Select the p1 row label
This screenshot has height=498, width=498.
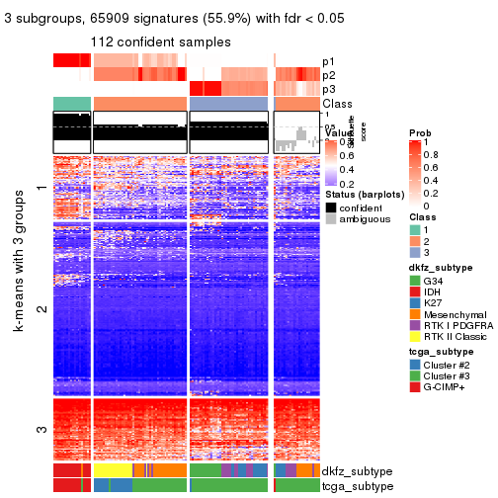(x=328, y=61)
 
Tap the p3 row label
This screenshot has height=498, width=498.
(x=328, y=89)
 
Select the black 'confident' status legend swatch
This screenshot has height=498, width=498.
(x=331, y=207)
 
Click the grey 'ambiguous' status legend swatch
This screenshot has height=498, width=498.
(x=331, y=220)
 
